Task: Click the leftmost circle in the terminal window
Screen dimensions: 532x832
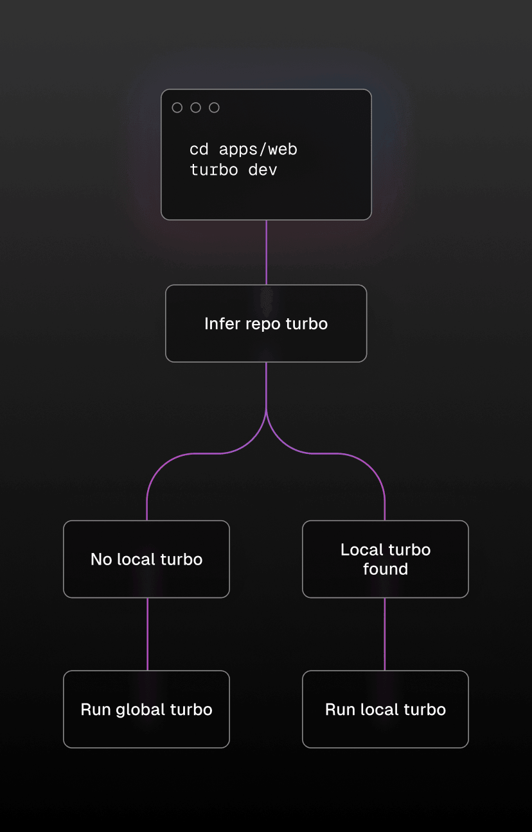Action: (177, 108)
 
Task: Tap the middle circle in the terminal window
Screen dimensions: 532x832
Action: (196, 108)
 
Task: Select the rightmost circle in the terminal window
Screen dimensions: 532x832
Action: (214, 108)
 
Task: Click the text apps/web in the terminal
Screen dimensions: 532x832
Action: (258, 150)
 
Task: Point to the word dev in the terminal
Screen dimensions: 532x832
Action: (263, 170)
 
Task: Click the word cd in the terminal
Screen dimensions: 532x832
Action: (199, 150)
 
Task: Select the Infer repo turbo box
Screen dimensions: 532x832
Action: (266, 323)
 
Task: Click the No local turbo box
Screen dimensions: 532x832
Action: (146, 559)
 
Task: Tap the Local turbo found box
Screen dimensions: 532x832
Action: (386, 559)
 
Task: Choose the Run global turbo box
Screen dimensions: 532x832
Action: (146, 709)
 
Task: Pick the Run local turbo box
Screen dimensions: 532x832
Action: (386, 709)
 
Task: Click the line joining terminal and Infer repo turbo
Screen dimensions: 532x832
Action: (266, 253)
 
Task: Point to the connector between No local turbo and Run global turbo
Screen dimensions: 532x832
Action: (147, 634)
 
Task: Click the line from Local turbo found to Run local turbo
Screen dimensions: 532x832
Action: (385, 634)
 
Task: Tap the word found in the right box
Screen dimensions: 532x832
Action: (386, 569)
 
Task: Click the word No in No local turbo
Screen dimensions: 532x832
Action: (102, 559)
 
